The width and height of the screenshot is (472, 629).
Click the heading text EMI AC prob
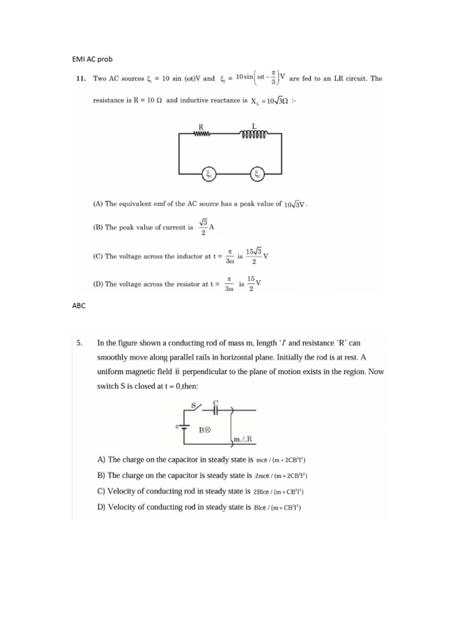tap(93, 59)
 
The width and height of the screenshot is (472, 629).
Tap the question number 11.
tap(81, 79)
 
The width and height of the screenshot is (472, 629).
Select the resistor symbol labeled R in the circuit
tap(201, 133)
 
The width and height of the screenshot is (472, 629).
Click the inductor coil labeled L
tap(254, 133)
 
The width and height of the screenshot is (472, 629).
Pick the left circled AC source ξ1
tap(209, 175)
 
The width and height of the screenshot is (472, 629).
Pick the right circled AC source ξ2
tap(258, 175)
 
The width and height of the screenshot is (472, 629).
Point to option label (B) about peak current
tap(97, 227)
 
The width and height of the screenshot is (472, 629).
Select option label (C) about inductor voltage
tap(97, 257)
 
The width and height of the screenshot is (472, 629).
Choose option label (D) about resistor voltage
tap(97, 284)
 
